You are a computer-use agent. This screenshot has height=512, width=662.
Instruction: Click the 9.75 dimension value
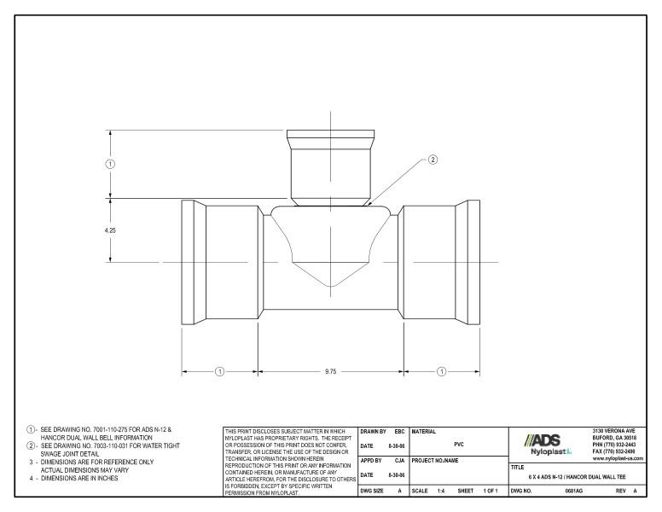pos(331,371)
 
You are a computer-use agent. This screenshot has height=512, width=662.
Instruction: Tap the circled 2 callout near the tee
pos(432,159)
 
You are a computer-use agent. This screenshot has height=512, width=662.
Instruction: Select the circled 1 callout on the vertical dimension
pos(109,163)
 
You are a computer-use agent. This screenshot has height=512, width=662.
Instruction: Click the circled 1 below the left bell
pos(219,371)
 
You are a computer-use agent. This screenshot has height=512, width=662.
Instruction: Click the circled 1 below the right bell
pos(441,371)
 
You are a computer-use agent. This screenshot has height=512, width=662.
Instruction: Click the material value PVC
pos(459,445)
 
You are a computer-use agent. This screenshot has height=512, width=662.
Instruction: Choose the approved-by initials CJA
pos(398,462)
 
